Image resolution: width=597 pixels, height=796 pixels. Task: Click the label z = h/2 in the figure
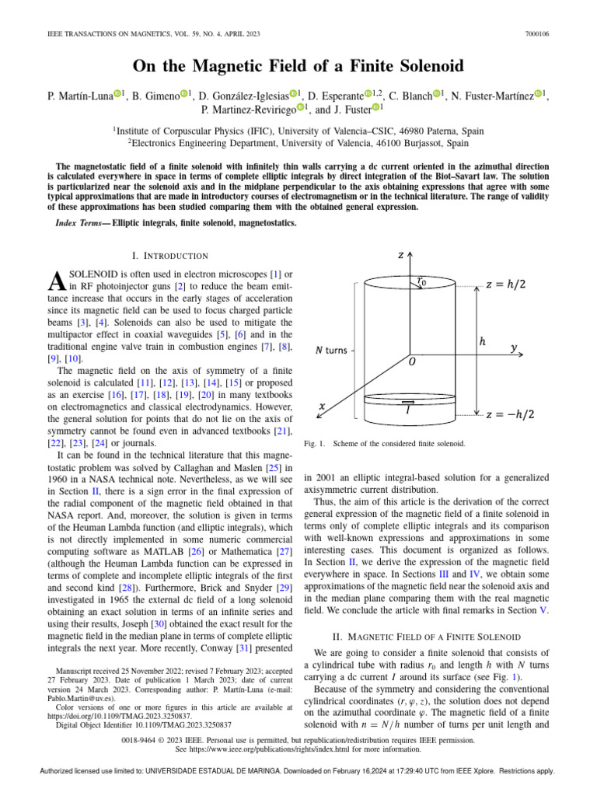tap(511, 284)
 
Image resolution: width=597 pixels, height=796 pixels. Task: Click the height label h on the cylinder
tap(483, 340)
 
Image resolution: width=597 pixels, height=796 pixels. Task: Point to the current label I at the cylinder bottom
tap(409, 411)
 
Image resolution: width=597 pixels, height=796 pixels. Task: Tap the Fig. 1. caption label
tap(315, 443)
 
